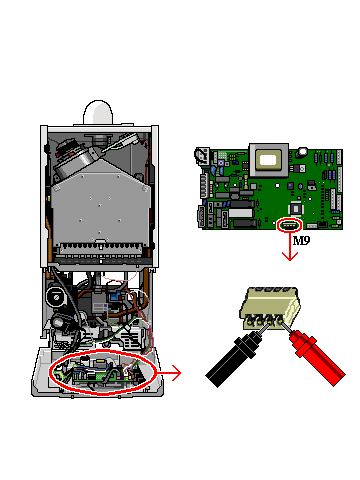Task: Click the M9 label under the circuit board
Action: click(301, 240)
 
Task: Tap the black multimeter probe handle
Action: click(232, 359)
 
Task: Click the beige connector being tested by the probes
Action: click(270, 308)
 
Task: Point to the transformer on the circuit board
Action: click(269, 160)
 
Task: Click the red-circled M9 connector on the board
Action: click(289, 226)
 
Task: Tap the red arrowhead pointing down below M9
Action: click(290, 256)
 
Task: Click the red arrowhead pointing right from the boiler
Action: click(177, 373)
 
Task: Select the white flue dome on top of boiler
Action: click(98, 112)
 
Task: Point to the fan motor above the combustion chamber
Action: click(71, 157)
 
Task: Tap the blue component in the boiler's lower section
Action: click(115, 296)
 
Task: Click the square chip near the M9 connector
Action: click(296, 209)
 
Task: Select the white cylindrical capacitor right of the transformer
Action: click(302, 153)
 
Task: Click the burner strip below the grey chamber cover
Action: click(100, 248)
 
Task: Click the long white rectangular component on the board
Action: click(240, 213)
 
